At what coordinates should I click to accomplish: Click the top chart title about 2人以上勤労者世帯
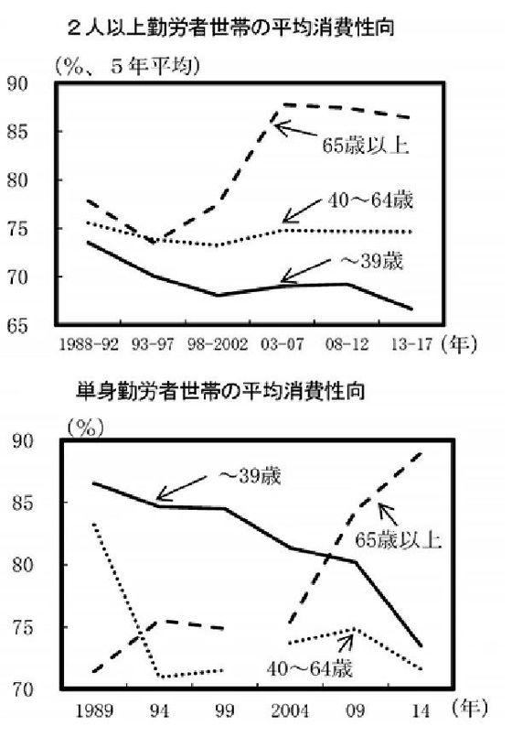(x=230, y=28)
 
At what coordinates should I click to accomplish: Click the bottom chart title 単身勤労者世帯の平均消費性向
(x=220, y=391)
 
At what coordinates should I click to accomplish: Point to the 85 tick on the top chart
(x=18, y=132)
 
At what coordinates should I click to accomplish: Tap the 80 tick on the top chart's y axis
(x=18, y=180)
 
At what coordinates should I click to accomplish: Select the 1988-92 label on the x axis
(x=89, y=345)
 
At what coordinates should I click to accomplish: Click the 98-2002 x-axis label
(x=218, y=345)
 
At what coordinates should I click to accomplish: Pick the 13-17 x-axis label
(x=411, y=345)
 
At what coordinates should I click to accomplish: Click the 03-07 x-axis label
(x=282, y=345)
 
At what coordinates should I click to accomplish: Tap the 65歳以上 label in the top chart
(x=366, y=146)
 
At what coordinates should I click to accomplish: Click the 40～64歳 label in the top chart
(x=370, y=201)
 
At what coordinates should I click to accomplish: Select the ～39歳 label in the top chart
(x=371, y=261)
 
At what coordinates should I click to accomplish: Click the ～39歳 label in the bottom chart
(x=250, y=476)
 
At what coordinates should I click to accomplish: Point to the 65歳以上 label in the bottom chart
(x=398, y=540)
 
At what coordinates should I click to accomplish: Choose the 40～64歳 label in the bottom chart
(x=310, y=668)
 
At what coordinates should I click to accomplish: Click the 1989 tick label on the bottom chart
(x=94, y=710)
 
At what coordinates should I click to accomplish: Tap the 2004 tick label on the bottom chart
(x=290, y=710)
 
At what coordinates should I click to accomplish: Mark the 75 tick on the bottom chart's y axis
(x=23, y=628)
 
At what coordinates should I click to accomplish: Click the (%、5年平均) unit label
(x=127, y=66)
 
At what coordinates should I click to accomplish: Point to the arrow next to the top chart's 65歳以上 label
(x=295, y=129)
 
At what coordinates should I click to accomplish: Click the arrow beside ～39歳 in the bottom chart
(x=181, y=487)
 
